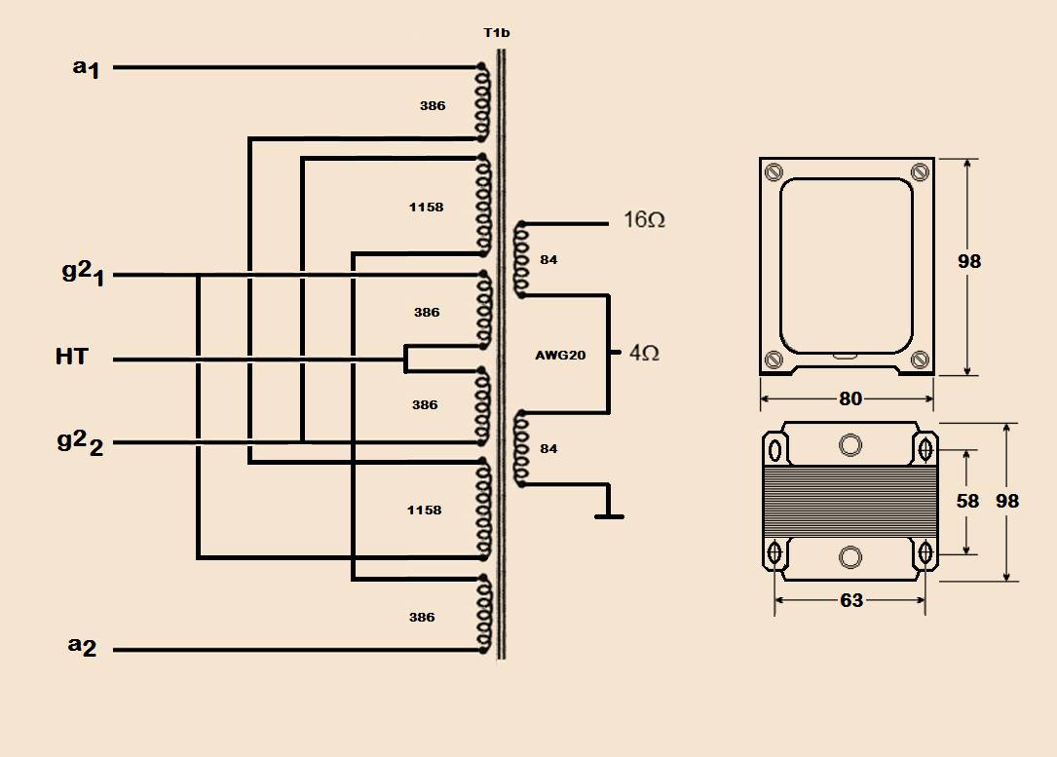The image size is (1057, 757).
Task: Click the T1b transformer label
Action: point(497,33)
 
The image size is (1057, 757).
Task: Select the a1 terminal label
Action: point(87,68)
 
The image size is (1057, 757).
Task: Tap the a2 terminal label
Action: point(82,646)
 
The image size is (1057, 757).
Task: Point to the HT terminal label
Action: point(72,356)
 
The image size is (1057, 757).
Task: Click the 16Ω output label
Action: point(645,220)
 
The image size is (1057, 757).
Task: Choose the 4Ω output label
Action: point(644,353)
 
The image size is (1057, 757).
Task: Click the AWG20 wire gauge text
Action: point(560,356)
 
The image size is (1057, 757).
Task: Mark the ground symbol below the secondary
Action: point(609,516)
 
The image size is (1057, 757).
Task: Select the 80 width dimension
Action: point(850,399)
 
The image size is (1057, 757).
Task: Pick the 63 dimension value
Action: point(851,600)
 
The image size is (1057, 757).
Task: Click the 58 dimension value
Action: point(968,501)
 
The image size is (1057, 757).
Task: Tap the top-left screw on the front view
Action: point(774,172)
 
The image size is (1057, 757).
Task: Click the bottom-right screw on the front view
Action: point(921,360)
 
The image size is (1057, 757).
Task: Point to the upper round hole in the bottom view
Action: point(850,445)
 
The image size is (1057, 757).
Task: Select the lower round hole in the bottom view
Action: point(850,557)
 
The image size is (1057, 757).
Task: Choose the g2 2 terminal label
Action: point(80,443)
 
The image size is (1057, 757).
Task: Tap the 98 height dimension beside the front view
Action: point(969,261)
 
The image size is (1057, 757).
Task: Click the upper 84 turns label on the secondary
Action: point(548,259)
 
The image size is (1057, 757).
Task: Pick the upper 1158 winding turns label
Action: point(426,207)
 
